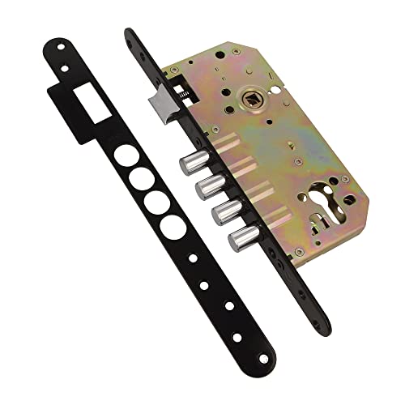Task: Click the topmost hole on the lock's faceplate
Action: pos(130,36)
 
